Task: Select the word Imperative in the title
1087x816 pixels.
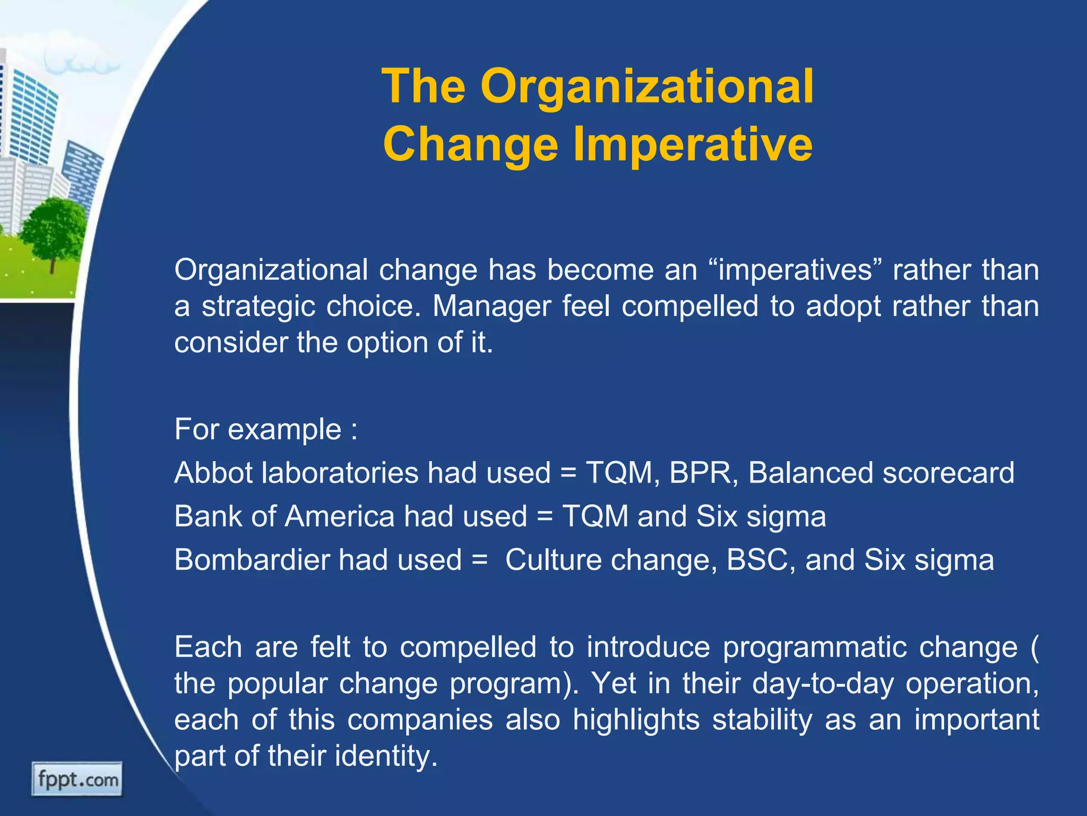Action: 693,145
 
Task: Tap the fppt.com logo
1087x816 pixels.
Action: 77,779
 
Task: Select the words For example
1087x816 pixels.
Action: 258,429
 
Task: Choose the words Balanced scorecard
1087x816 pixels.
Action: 881,472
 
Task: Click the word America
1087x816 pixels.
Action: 339,516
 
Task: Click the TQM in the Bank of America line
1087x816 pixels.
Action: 595,516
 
